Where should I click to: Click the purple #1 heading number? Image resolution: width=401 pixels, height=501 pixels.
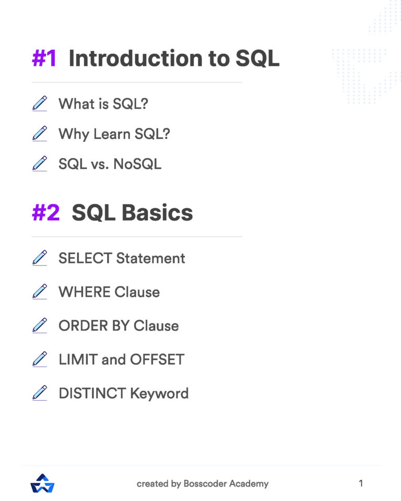click(44, 58)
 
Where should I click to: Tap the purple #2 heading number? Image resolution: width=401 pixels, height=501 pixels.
click(46, 212)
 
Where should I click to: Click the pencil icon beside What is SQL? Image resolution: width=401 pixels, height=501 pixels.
click(40, 103)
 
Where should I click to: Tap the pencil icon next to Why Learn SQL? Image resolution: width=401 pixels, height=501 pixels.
click(40, 134)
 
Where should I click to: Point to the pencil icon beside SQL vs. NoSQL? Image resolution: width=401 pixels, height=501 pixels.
click(40, 164)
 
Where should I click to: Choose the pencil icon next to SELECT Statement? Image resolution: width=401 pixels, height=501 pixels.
click(40, 258)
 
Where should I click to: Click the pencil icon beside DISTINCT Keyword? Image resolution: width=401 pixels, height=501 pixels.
click(40, 393)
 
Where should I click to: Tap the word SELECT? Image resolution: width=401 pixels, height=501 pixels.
click(85, 258)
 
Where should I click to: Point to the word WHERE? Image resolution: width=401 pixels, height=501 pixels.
click(84, 292)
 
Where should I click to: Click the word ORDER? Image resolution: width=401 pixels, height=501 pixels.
click(83, 326)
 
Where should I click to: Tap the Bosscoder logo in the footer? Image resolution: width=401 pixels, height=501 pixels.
click(43, 483)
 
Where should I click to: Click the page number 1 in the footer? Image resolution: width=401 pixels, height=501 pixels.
click(361, 483)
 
